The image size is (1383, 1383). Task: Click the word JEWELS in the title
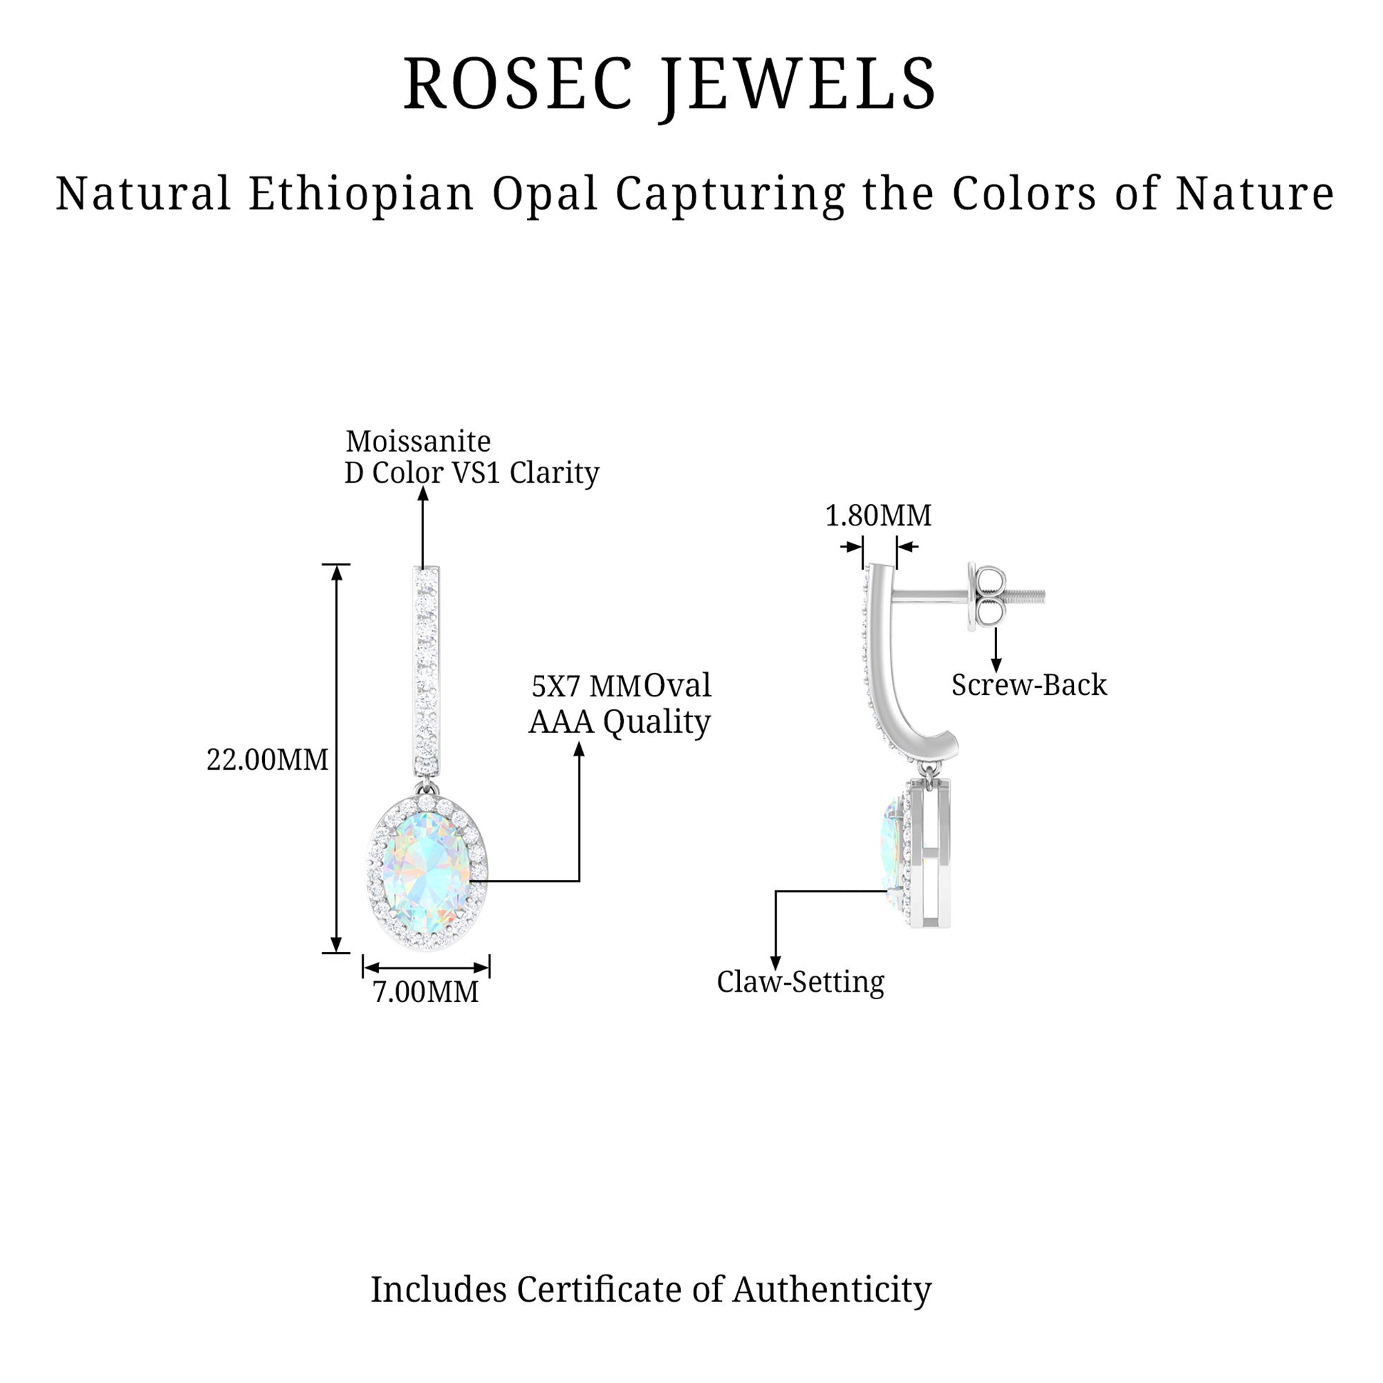click(798, 84)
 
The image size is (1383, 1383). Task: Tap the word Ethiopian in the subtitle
click(361, 194)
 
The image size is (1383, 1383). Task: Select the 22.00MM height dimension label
click(267, 759)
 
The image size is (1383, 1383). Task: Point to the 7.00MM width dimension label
click(425, 992)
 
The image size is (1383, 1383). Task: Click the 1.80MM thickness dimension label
click(878, 515)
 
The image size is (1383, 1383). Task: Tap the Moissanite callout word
click(418, 442)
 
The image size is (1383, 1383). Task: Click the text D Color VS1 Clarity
click(472, 472)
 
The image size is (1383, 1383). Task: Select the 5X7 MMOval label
click(621, 686)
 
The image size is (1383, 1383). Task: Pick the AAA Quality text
click(619, 721)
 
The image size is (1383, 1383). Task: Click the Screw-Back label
click(1029, 685)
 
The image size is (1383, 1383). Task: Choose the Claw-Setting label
click(800, 981)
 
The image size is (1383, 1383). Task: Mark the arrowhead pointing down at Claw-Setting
click(775, 963)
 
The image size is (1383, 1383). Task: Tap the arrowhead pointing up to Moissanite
click(423, 493)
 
